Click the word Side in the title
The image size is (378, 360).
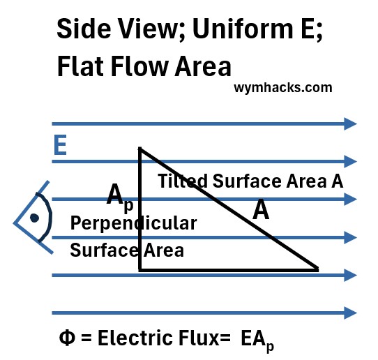84,29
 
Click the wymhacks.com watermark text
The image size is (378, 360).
283,88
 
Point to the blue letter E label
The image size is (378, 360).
60,145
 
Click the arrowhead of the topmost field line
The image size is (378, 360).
350,124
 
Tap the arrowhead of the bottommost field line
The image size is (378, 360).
350,313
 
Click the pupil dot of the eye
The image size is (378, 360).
34,218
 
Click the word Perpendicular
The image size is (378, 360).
133,223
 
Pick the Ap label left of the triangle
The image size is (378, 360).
120,197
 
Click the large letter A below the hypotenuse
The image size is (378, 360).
261,209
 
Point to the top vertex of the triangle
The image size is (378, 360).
139,149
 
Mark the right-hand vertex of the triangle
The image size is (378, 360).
318,269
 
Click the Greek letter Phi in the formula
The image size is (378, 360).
67,338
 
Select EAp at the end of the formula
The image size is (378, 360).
257,340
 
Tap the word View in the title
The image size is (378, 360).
152,29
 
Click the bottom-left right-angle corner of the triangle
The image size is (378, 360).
139,270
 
